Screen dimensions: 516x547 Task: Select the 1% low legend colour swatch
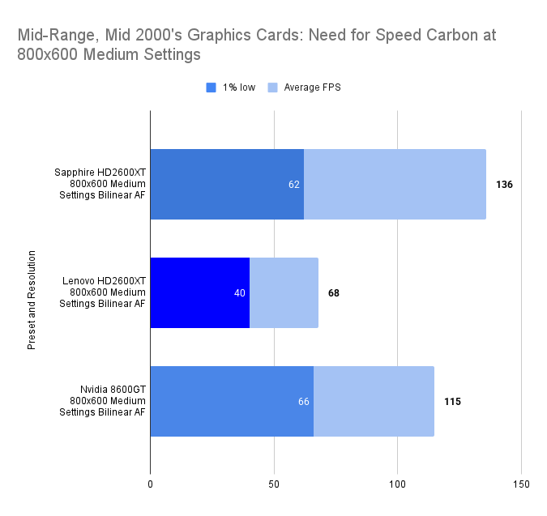[212, 87]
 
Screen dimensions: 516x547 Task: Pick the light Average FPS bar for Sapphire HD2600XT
[395, 184]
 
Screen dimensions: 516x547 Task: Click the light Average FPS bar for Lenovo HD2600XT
[284, 292]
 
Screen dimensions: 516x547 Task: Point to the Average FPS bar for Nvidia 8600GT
[374, 401]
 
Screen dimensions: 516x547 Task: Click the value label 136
[504, 185]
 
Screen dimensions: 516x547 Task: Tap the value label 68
[334, 293]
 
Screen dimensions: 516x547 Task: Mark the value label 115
[452, 402]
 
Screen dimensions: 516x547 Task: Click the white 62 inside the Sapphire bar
[294, 185]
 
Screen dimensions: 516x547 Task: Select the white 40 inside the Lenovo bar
[240, 293]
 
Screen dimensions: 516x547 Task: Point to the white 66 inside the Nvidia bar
[304, 402]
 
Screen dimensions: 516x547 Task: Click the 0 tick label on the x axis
[151, 484]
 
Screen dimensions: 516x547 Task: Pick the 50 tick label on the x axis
[274, 484]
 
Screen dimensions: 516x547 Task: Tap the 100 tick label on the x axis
[397, 484]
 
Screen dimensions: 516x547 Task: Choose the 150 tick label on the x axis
[521, 484]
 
